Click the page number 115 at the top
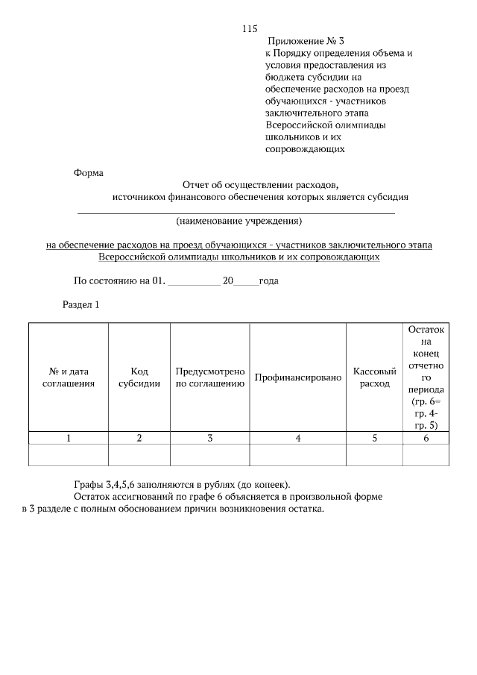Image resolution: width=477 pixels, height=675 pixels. (x=250, y=29)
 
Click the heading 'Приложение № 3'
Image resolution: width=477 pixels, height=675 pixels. (x=307, y=41)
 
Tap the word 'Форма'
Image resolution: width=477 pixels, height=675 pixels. (x=89, y=172)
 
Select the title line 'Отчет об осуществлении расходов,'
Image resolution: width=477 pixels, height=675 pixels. (x=260, y=184)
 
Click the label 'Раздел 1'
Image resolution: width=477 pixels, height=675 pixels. (x=80, y=304)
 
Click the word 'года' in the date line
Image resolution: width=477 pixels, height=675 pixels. (x=268, y=281)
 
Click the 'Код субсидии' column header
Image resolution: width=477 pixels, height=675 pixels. (x=139, y=377)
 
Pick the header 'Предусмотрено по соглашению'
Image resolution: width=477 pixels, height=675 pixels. (x=210, y=377)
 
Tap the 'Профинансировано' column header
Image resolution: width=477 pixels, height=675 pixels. (x=297, y=377)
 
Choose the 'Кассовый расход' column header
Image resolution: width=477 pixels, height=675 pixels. (x=374, y=377)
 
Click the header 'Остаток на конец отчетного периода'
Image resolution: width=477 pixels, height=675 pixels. (x=426, y=377)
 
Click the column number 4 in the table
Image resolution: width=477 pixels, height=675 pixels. (x=297, y=439)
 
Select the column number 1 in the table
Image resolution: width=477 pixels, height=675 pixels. (x=69, y=439)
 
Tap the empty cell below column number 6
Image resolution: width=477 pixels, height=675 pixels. (x=426, y=455)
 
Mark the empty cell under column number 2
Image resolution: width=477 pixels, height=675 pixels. (x=139, y=455)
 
